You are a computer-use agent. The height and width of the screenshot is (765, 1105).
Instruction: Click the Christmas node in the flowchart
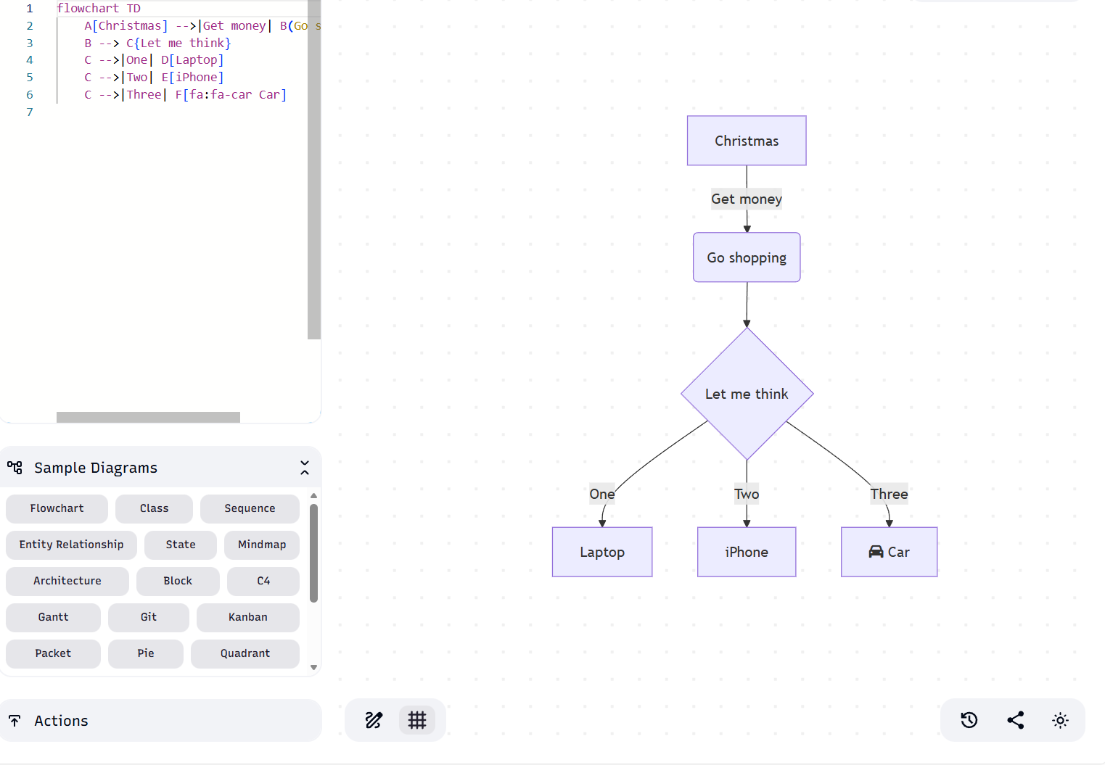point(747,141)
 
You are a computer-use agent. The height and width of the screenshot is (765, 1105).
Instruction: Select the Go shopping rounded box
point(747,257)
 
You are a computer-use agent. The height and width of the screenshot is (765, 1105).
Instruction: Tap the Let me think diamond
point(747,394)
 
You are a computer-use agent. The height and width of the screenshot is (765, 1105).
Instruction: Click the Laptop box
point(602,552)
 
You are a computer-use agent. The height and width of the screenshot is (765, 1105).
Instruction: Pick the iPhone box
point(747,552)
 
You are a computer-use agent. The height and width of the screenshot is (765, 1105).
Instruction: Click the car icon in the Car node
point(876,552)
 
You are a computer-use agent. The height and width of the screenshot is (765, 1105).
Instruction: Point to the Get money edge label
point(747,199)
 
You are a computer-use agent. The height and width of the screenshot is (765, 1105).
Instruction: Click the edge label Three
point(889,494)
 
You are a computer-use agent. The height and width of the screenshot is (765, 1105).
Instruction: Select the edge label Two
point(747,494)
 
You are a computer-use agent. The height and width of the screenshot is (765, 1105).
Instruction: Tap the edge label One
point(601,494)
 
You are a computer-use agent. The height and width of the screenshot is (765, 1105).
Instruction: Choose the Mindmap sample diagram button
point(262,545)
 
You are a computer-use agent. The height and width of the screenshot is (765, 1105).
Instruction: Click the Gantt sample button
point(53,617)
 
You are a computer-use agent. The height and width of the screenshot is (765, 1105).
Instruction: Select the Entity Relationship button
point(71,545)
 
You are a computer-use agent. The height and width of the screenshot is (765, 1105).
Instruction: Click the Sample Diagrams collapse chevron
point(305,468)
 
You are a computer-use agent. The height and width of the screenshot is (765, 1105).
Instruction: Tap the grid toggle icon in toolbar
point(417,720)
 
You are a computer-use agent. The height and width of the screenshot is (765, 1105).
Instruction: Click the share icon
point(1015,720)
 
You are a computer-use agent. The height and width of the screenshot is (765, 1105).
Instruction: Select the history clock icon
point(969,720)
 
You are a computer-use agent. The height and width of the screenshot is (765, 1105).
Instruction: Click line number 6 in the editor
point(30,94)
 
